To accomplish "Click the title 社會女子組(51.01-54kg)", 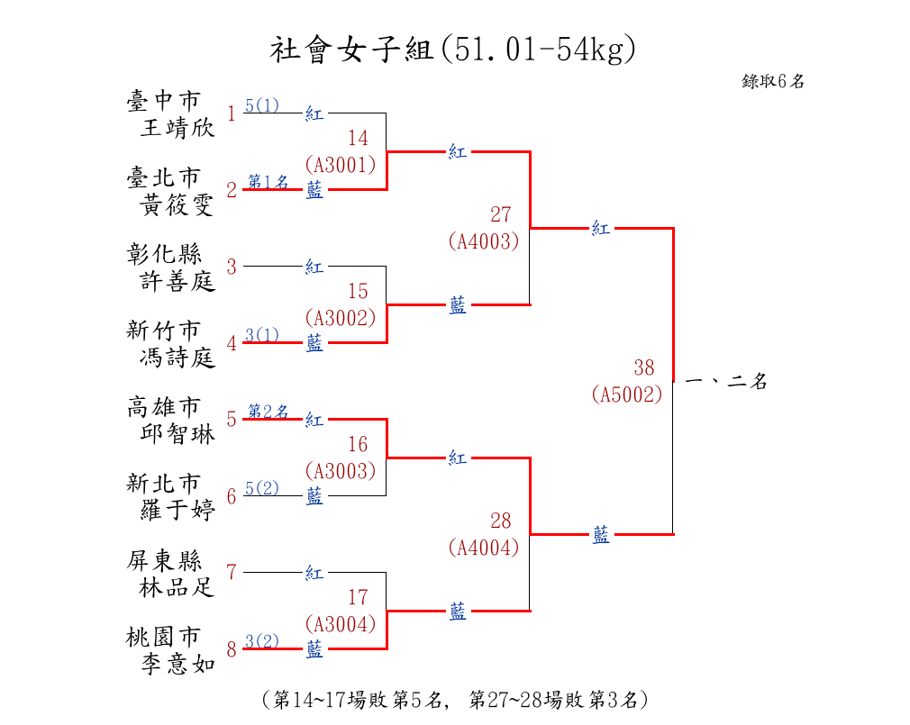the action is pyautogui.click(x=452, y=50).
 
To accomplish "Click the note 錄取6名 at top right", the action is pyautogui.click(x=773, y=81).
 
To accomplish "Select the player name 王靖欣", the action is pyautogui.click(x=177, y=128).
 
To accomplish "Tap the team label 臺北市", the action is pyautogui.click(x=164, y=177).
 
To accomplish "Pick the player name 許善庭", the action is pyautogui.click(x=177, y=281).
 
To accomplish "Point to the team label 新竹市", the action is pyautogui.click(x=164, y=330).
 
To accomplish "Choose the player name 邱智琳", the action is pyautogui.click(x=177, y=434).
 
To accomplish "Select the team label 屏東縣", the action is pyautogui.click(x=164, y=560).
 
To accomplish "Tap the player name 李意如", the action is pyautogui.click(x=177, y=664).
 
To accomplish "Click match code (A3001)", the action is pyautogui.click(x=341, y=166).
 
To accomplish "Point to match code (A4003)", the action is pyautogui.click(x=484, y=241).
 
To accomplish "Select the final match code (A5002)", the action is pyautogui.click(x=627, y=394).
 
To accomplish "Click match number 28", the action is pyautogui.click(x=501, y=521).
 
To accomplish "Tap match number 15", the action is pyautogui.click(x=358, y=291).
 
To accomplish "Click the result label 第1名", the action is pyautogui.click(x=268, y=182).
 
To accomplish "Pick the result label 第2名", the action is pyautogui.click(x=268, y=412).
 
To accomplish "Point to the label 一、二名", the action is pyautogui.click(x=726, y=381).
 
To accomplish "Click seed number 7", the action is pyautogui.click(x=232, y=573).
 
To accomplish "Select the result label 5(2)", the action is pyautogui.click(x=262, y=488).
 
